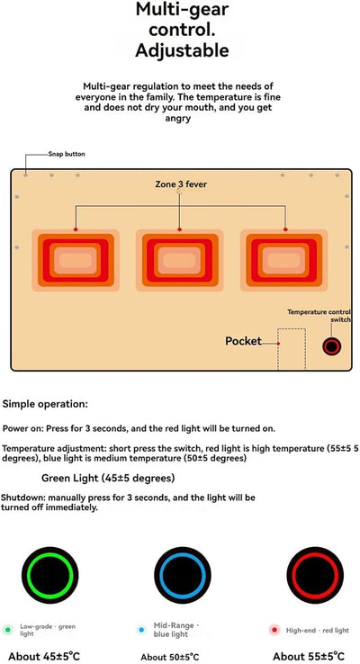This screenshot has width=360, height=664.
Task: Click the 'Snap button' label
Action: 67,154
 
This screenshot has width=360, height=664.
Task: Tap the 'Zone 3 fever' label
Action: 181,184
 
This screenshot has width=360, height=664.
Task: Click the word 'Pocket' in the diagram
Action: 243,341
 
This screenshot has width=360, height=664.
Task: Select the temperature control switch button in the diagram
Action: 331,346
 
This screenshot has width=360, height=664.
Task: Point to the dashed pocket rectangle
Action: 292,328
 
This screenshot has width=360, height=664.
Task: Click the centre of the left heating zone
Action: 76,260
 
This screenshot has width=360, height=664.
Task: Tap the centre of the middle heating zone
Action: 180,260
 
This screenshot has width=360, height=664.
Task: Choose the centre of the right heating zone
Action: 283,260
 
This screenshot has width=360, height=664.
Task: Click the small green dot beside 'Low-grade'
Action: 7,630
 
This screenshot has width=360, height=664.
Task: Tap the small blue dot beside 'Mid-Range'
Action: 141,630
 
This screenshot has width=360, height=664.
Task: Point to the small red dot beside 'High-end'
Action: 274,630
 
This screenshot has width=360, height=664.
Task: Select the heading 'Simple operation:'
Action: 45,404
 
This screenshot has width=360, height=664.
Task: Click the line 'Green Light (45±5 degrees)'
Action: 108,478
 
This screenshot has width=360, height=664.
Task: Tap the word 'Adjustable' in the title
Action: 182,50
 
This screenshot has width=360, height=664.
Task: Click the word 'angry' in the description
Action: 178,119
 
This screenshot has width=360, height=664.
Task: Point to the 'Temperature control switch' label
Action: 319,316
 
